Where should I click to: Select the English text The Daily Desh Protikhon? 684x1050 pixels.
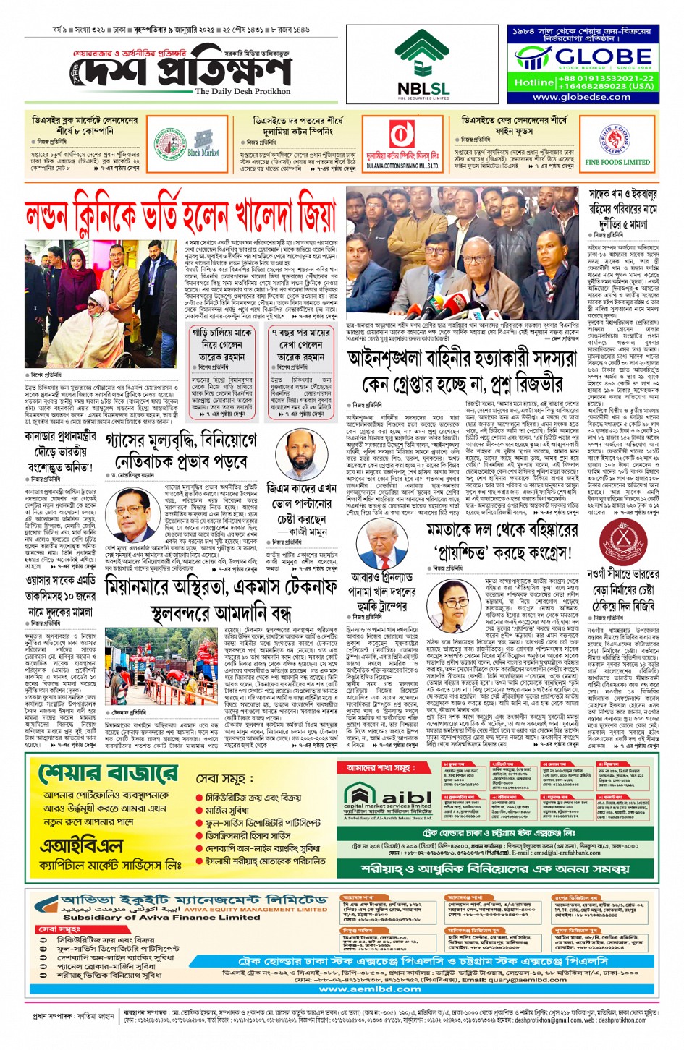(x=242, y=91)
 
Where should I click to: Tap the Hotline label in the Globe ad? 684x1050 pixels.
(x=533, y=82)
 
